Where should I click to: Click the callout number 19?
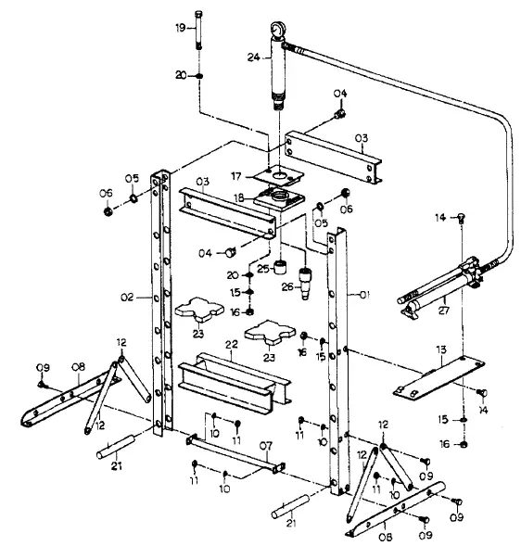(x=182, y=29)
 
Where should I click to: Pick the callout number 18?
(x=237, y=197)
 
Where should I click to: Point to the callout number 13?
(x=443, y=349)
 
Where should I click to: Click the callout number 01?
(x=364, y=296)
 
